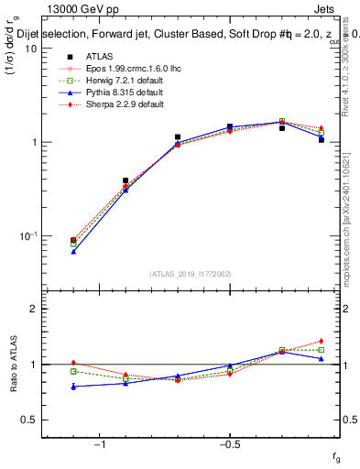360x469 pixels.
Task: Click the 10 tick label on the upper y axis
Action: coord(29,49)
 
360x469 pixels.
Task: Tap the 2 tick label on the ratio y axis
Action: coord(33,309)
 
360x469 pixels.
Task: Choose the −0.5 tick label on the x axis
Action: coord(229,444)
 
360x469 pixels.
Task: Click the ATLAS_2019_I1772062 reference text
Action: coord(191,274)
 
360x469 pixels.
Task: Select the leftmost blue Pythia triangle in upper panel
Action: coord(73,251)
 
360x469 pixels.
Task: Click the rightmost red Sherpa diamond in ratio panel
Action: coord(321,341)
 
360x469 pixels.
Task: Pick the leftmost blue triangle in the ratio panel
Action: coord(73,387)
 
